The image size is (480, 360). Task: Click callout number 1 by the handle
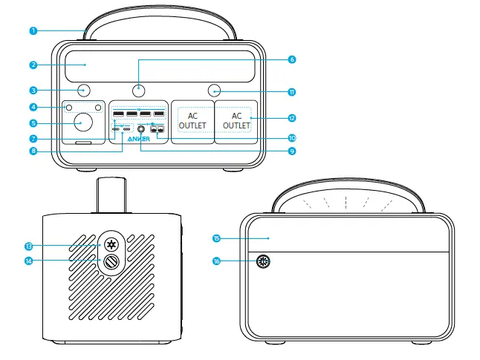(33, 30)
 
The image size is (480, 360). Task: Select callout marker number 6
(291, 59)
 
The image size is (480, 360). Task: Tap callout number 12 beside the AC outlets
(291, 118)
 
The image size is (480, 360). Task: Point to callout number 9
(291, 151)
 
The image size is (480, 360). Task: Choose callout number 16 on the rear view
(216, 261)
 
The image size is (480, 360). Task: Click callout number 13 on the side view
(28, 245)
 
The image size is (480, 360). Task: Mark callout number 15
(216, 238)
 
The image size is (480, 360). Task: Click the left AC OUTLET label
(192, 121)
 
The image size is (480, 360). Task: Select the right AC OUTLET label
(237, 121)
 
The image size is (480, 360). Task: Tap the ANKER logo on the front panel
(138, 138)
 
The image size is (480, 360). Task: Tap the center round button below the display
(139, 91)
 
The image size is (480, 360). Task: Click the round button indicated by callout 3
(83, 91)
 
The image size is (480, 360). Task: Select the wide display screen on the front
(159, 65)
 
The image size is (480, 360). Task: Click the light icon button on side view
(112, 244)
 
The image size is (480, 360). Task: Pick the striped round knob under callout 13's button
(112, 261)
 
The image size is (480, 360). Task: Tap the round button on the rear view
(263, 261)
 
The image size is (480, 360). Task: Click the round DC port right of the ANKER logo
(140, 128)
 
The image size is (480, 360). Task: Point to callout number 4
(33, 107)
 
